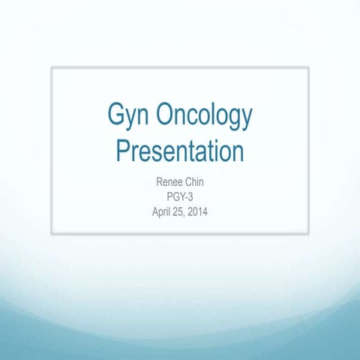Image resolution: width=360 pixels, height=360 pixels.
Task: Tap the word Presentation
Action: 180,151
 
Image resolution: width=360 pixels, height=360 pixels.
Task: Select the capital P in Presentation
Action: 123,151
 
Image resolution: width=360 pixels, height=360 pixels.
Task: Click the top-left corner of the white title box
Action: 52,67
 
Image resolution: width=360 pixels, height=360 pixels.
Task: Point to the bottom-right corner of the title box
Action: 308,233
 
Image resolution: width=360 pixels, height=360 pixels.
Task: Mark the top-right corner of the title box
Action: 308,67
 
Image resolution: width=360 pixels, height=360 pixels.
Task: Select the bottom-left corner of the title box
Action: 52,233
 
